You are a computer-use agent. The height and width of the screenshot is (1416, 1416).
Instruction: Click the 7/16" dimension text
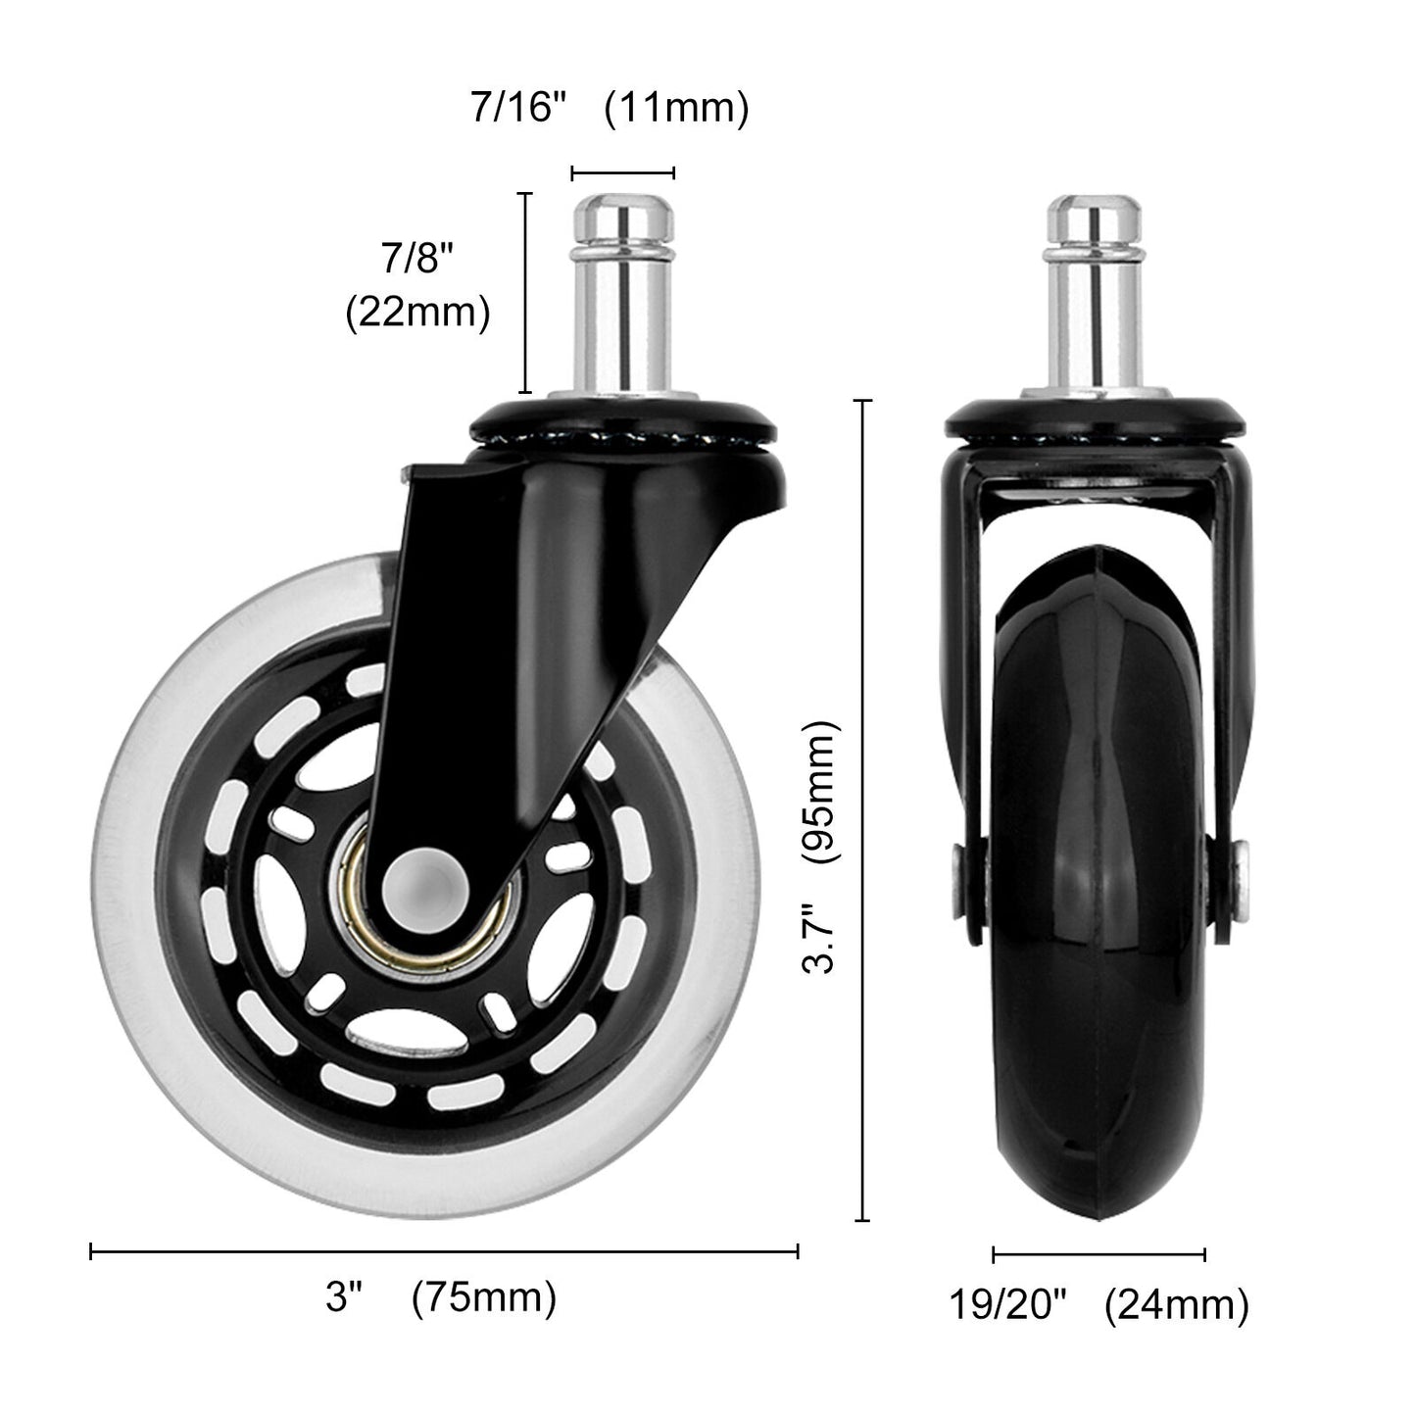[519, 107]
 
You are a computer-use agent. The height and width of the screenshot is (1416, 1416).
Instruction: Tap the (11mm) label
[676, 107]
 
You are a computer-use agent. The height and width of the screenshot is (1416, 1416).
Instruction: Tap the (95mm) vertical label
[819, 793]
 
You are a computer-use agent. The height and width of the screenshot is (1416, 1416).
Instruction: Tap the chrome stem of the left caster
[623, 294]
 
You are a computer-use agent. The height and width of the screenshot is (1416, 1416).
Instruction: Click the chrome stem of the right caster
[1095, 294]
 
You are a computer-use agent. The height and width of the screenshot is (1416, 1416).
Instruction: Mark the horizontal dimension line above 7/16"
[623, 173]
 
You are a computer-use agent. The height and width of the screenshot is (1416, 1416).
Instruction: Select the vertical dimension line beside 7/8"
[527, 293]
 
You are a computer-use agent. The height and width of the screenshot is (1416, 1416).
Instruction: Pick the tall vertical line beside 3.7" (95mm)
[862, 810]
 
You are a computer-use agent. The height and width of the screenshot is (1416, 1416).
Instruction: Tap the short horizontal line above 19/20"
[1099, 1254]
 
